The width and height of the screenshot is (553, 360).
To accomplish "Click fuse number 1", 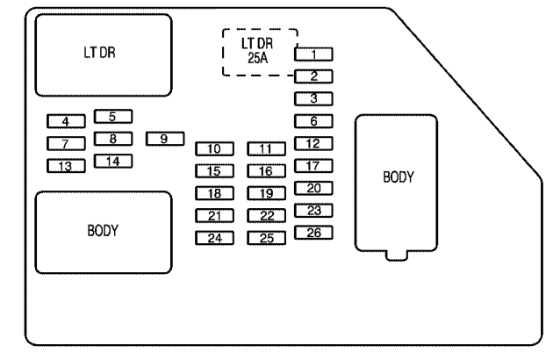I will click(313, 54).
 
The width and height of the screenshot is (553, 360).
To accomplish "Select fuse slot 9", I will click(164, 138).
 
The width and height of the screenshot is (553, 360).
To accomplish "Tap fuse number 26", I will click(313, 233).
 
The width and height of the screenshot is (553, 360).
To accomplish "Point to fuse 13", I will click(66, 166).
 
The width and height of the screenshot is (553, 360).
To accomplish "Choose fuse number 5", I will click(113, 115).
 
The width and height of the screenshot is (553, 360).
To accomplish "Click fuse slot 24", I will click(214, 238).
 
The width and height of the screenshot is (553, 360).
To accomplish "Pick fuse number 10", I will click(214, 148).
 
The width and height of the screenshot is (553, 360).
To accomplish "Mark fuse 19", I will click(267, 193).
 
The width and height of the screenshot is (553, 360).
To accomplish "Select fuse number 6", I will click(313, 120).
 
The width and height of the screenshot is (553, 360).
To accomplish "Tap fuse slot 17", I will click(313, 166).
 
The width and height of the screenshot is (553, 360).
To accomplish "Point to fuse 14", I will click(113, 161).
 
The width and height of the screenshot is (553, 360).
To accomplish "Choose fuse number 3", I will click(313, 98).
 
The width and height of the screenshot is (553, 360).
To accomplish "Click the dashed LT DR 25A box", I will click(260, 51).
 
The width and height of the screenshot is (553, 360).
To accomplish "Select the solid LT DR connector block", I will click(104, 54).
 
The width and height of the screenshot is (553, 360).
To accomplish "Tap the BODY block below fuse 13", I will click(104, 232).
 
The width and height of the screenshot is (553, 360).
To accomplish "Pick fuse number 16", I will click(267, 171).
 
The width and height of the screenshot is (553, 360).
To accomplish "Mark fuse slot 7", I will click(66, 143).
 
